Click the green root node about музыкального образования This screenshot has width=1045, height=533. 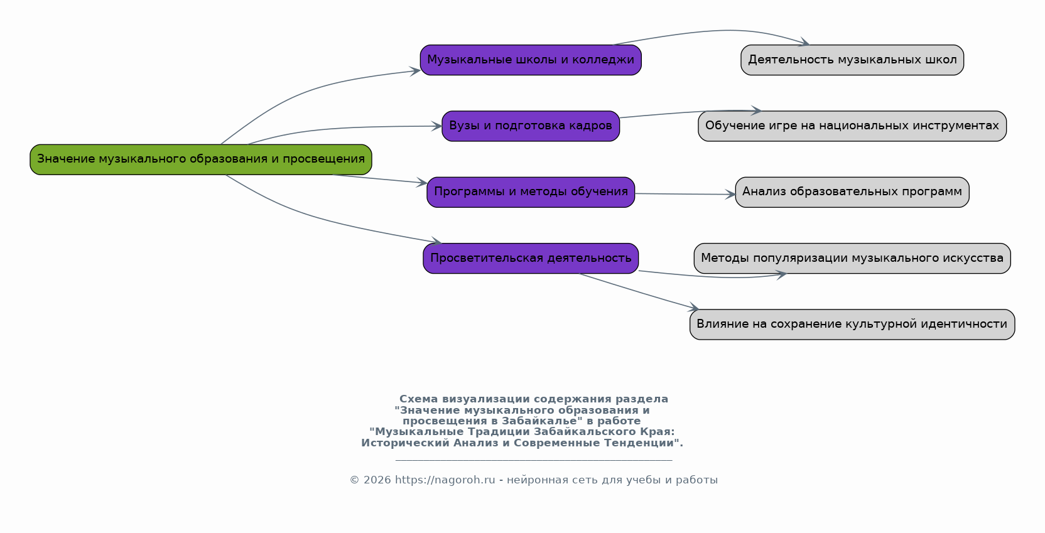(201, 159)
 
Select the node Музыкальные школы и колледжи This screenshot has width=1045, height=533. (531, 60)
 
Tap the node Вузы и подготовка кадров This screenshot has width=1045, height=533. (531, 126)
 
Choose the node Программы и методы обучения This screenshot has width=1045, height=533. (531, 192)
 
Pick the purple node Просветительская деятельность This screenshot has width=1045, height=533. (531, 259)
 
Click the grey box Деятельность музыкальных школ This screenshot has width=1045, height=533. (852, 60)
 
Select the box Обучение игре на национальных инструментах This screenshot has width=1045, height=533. (852, 126)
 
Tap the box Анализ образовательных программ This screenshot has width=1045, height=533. (852, 192)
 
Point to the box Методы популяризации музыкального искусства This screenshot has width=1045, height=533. (852, 259)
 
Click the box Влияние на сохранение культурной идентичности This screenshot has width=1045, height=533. (852, 325)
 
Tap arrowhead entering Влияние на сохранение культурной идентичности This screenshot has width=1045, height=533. (694, 308)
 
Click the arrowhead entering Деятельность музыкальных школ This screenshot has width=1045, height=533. (804, 43)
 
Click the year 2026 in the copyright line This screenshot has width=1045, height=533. (377, 480)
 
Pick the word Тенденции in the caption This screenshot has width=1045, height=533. (646, 443)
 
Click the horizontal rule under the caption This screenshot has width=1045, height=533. (534, 460)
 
